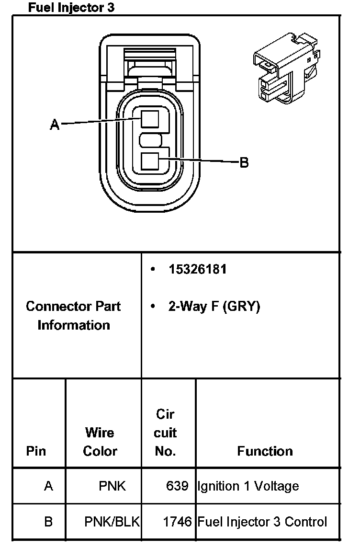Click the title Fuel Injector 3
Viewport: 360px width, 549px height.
tap(71, 8)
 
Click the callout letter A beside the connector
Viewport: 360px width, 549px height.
tap(55, 125)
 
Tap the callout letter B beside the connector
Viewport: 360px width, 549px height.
tap(244, 163)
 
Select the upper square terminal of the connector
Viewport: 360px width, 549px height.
tap(150, 118)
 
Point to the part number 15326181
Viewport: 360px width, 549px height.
tap(197, 269)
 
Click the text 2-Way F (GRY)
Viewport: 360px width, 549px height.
tap(214, 307)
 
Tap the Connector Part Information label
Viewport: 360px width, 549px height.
tap(73, 316)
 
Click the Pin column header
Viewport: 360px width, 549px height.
tap(36, 451)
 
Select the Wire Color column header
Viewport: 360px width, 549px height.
tap(100, 442)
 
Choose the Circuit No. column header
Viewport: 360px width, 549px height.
tap(165, 433)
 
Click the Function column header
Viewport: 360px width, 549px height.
tap(265, 451)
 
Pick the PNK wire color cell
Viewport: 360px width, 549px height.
tap(112, 486)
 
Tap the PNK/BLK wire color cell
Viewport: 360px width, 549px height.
tap(112, 522)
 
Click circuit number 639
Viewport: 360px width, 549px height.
tap(177, 486)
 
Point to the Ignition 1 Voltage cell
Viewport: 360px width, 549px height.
tap(248, 486)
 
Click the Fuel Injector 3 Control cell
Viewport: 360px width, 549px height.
tap(262, 522)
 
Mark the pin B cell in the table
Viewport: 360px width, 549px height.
tap(48, 522)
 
